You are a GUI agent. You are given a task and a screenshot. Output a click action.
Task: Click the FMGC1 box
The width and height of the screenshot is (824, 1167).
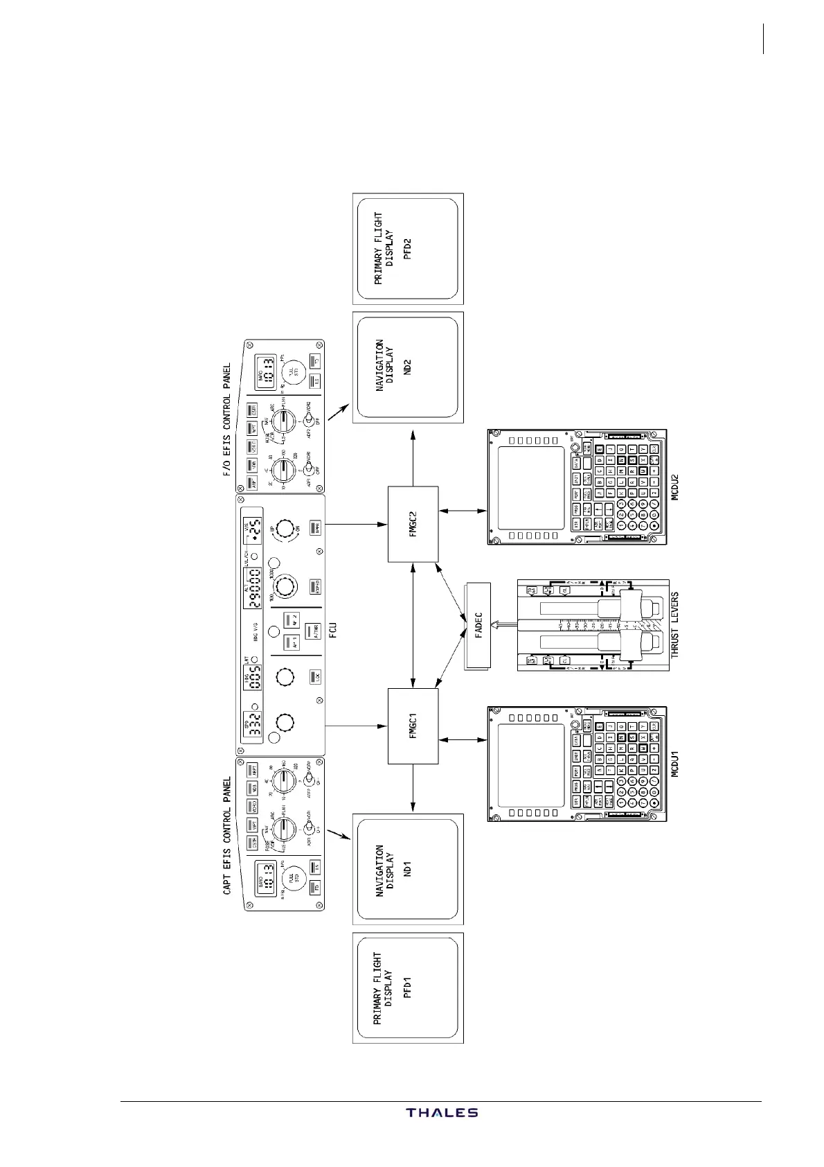(413, 726)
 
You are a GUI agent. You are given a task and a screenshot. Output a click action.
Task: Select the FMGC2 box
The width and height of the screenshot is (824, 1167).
(413, 523)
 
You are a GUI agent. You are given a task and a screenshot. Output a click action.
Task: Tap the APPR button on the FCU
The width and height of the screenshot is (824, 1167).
(315, 527)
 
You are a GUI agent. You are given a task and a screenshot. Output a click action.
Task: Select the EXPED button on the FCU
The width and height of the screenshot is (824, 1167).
(315, 587)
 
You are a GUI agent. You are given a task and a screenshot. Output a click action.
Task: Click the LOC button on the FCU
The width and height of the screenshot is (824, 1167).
(315, 676)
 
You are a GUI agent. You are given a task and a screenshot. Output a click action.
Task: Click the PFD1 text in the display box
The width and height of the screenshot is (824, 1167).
(408, 988)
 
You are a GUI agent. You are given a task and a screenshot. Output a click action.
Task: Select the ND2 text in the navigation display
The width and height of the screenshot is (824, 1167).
(408, 367)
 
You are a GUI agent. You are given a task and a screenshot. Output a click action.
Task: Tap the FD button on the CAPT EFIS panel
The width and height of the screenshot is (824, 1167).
(315, 888)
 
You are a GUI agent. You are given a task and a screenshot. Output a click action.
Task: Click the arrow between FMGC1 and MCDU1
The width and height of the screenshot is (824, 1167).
(463, 740)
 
